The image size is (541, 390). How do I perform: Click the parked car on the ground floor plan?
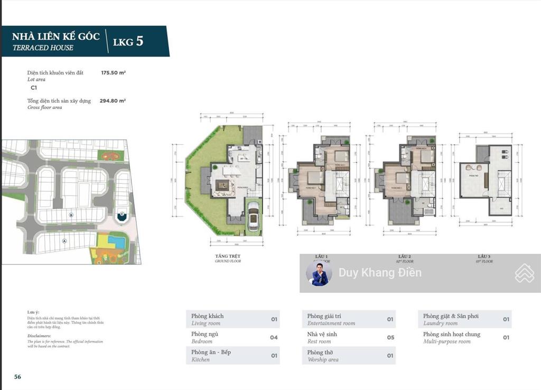253,217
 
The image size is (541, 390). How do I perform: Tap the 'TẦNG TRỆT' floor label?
228,256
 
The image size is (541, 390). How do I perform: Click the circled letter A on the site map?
64,240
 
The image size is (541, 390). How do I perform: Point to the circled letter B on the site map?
71,215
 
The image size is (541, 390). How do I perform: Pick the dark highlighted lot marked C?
122,216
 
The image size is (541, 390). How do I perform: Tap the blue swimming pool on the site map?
113,241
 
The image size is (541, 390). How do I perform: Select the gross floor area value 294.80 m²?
113,100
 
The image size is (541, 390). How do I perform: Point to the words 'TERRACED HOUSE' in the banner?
43,48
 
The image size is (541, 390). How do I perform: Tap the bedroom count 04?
274,337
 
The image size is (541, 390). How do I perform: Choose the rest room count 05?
390,337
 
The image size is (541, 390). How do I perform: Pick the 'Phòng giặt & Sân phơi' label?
451,316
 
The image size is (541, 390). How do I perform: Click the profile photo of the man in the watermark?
319,273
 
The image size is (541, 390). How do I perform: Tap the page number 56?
17,377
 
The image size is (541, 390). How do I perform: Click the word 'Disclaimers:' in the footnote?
39,336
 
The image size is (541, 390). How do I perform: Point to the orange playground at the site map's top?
109,156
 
